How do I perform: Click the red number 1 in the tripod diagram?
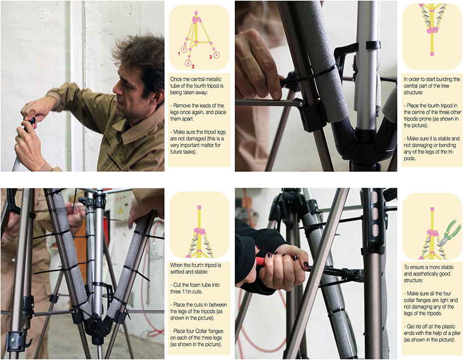179,53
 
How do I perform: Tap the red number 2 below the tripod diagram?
193,66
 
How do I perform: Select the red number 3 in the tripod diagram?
210,57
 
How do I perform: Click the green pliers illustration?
449,233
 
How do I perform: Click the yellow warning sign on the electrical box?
120,210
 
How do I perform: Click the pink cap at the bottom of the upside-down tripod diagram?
432,54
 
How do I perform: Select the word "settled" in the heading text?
178,272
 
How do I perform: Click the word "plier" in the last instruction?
455,333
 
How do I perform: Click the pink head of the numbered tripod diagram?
196,20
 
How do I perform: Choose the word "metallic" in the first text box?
213,79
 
